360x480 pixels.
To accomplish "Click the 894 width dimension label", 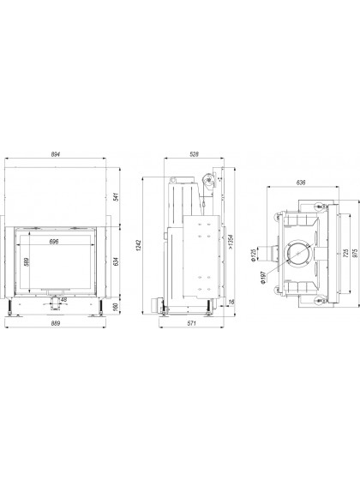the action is click(55, 154).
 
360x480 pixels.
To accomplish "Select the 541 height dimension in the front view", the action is click(116, 197).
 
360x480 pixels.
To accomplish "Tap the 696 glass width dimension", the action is click(54, 242).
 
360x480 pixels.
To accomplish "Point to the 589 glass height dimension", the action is click(27, 262).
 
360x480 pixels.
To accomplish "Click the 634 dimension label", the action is click(116, 261).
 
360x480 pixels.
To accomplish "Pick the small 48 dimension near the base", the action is click(63, 300).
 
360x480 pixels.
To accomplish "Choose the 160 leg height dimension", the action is click(116, 307).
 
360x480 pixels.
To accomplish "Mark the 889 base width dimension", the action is click(56, 323).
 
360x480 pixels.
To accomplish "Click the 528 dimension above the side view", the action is click(194, 154).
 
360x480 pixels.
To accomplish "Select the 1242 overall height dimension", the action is click(138, 245).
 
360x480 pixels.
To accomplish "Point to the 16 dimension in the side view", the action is click(231, 302).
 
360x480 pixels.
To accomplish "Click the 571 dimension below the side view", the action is click(192, 323).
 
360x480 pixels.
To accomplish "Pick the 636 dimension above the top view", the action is click(301, 183).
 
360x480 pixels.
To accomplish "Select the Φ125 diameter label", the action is click(253, 255).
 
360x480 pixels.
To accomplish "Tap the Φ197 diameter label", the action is click(264, 278).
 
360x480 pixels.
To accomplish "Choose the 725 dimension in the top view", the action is click(346, 253).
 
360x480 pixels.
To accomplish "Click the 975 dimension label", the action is click(355, 253).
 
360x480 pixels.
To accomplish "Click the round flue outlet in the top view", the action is click(298, 253).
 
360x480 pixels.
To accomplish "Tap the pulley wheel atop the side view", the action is click(208, 180).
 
